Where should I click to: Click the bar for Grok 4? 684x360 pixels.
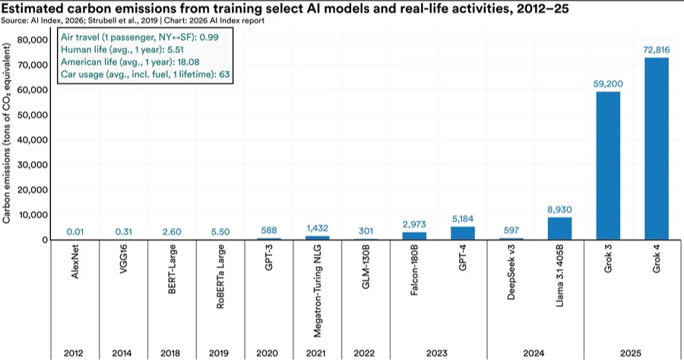[x=656, y=149]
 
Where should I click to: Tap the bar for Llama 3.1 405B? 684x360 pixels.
[x=559, y=229]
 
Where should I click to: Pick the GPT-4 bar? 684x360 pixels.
[x=463, y=233]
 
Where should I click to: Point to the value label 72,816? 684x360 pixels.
[x=656, y=50]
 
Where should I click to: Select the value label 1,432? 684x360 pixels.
[x=317, y=228]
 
